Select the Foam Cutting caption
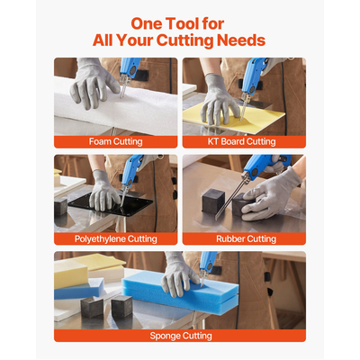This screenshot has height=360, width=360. click(115, 141)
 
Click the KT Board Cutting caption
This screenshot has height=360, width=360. click(241, 141)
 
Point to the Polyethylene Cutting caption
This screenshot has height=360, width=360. click(115, 238)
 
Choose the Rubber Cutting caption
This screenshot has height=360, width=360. click(246, 238)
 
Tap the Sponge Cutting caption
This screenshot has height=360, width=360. click(181, 336)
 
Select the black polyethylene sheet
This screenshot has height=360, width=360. click(111, 206)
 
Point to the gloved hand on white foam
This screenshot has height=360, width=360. click(93, 83)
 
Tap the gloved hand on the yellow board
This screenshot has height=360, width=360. click(219, 100)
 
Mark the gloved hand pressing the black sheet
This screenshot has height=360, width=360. click(103, 191)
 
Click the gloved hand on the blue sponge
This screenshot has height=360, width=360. click(179, 274)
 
